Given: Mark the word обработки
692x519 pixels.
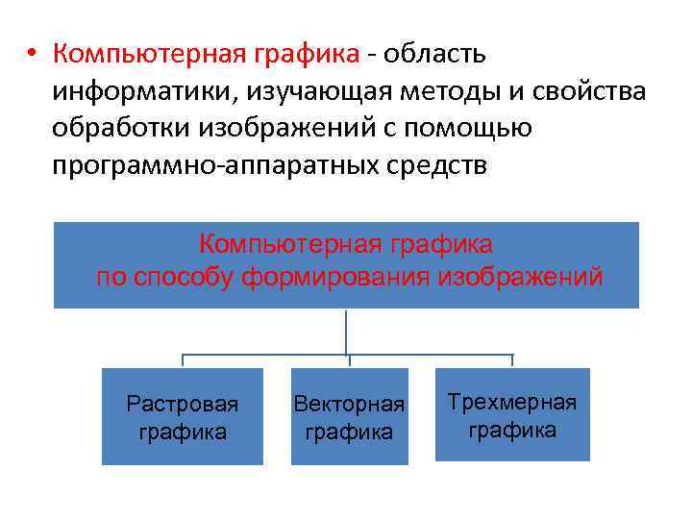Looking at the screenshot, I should coord(120,129).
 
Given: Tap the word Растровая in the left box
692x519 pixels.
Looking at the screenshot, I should coord(183,404).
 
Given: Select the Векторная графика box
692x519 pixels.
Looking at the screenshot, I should coord(349,417).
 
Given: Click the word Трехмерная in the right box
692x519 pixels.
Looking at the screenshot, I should coord(512,402).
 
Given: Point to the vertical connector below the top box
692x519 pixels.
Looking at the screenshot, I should coord(346,332).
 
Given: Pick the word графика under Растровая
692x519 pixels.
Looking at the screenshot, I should coord(183,432).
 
